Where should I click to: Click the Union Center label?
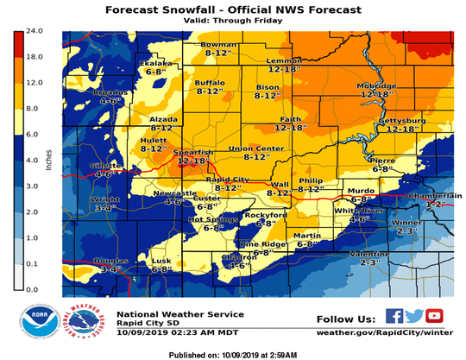256,148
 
